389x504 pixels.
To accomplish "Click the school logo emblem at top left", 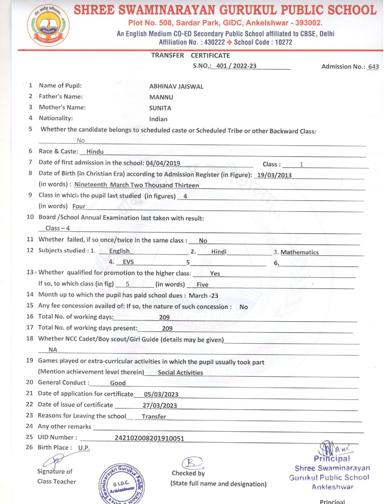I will [48, 26].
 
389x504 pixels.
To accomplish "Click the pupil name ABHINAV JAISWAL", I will [176, 86].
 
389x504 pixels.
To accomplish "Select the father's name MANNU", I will [161, 97].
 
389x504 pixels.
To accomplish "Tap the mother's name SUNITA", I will [160, 108].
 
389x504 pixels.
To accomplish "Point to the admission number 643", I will [373, 67].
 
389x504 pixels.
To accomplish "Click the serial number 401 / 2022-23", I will [236, 66].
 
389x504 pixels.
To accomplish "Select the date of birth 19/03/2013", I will [274, 175].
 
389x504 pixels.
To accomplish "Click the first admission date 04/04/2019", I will [163, 163].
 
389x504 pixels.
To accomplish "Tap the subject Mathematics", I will [299, 252].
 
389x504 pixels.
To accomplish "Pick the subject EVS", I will [128, 262].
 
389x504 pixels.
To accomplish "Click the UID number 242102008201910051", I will [149, 438].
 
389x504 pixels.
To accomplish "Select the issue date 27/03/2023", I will [160, 406].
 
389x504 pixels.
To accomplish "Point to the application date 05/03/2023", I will [161, 394].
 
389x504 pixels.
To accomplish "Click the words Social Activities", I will [180, 373].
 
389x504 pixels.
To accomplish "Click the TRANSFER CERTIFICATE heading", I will [190, 56].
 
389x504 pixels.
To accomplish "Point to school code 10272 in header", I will [283, 42].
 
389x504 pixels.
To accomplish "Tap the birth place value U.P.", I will [84, 448].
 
